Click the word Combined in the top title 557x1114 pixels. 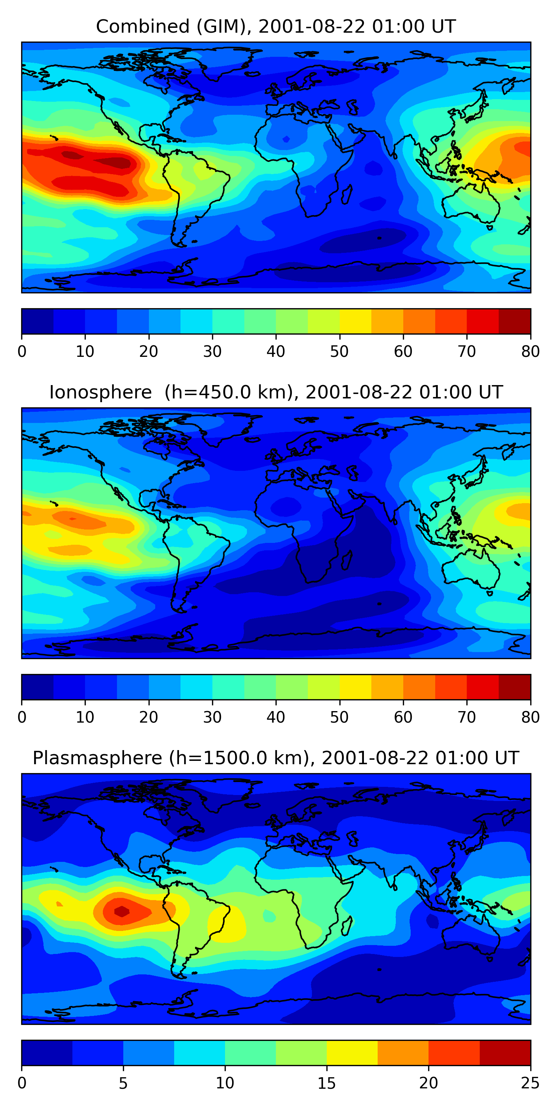pos(142,26)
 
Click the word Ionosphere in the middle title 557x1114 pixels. pos(100,392)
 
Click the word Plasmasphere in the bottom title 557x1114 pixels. pos(97,758)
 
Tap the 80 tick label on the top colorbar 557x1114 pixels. pos(530,351)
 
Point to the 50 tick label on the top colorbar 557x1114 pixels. pos(339,351)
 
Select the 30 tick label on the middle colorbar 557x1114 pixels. pos(212,717)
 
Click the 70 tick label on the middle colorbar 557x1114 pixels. pos(467,717)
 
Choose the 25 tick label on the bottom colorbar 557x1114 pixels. pos(530,1083)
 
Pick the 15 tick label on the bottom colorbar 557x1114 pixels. pos(326,1083)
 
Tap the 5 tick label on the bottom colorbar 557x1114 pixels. pos(123,1083)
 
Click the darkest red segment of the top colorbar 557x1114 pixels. pos(515,321)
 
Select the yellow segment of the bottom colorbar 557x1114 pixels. pos(352,1053)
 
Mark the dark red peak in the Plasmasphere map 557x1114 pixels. pos(122,911)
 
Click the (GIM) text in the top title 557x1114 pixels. pos(221,26)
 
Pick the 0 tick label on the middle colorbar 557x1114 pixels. pos(22,717)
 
